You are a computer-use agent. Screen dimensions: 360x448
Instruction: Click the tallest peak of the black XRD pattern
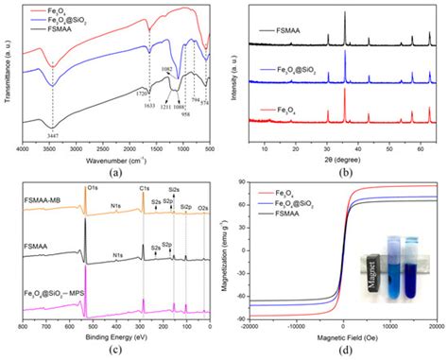coord(344,13)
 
